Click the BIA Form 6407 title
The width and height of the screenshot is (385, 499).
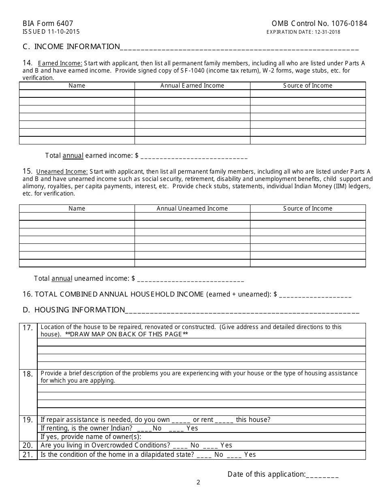48,24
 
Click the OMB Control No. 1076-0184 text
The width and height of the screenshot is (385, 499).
319,24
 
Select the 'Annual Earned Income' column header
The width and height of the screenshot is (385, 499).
192,86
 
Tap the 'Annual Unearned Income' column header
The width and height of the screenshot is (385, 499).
192,209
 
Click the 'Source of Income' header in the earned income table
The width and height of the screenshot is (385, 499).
308,86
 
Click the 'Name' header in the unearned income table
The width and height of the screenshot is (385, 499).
77,209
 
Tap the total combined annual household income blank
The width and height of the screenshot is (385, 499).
315,296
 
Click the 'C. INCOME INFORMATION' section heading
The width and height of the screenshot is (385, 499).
71,47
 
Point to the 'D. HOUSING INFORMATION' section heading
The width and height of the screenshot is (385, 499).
74,310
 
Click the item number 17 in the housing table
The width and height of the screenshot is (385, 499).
28,328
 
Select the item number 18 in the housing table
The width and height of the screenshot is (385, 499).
28,374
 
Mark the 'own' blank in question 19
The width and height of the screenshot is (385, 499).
181,421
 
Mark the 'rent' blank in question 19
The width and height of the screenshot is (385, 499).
224,421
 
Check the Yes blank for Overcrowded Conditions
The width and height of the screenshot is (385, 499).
210,446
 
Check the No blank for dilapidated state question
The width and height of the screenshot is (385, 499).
204,456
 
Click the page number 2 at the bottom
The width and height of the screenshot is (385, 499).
198,482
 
